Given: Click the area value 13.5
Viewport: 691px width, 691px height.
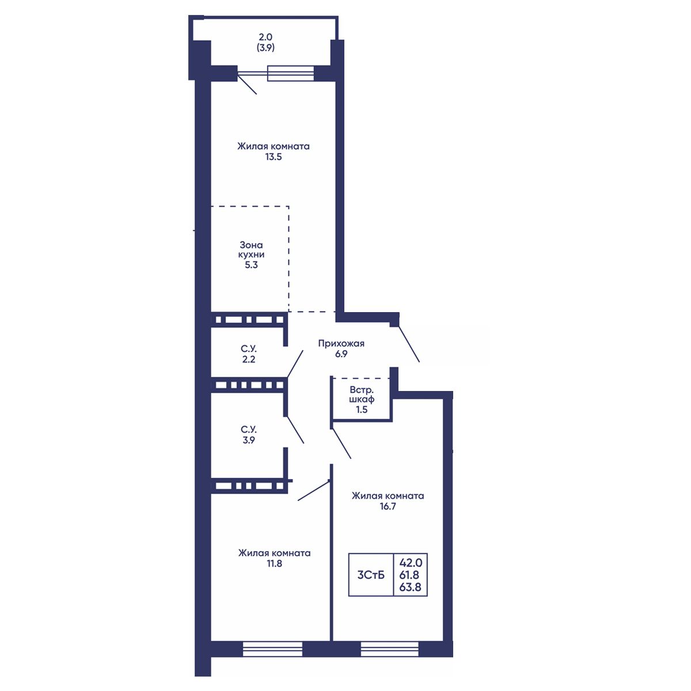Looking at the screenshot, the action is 274,157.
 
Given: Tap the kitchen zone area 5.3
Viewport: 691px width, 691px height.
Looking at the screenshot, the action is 252,265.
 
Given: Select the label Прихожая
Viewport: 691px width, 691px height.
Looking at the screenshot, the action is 341,344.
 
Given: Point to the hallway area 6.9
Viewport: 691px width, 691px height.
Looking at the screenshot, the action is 341,354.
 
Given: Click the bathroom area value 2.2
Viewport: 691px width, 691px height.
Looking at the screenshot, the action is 249,359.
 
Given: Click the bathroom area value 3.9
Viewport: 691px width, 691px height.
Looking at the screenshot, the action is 249,440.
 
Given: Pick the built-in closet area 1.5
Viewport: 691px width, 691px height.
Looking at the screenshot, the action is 362,409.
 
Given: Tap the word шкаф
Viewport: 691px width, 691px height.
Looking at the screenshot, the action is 362,399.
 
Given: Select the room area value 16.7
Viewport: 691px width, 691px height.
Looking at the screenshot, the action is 388,506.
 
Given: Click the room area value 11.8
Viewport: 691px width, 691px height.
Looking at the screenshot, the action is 274,563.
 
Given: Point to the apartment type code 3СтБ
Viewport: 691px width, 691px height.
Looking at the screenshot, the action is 371,575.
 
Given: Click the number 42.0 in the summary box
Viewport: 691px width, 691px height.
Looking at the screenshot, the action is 411,562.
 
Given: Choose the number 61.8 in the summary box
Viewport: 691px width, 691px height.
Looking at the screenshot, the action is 411,575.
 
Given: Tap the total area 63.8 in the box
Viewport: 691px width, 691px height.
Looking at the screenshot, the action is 411,588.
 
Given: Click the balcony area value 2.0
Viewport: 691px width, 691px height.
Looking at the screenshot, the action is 265,37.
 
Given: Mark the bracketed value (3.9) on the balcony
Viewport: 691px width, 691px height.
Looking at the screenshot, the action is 265,47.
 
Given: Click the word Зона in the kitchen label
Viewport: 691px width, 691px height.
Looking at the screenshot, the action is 251,245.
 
